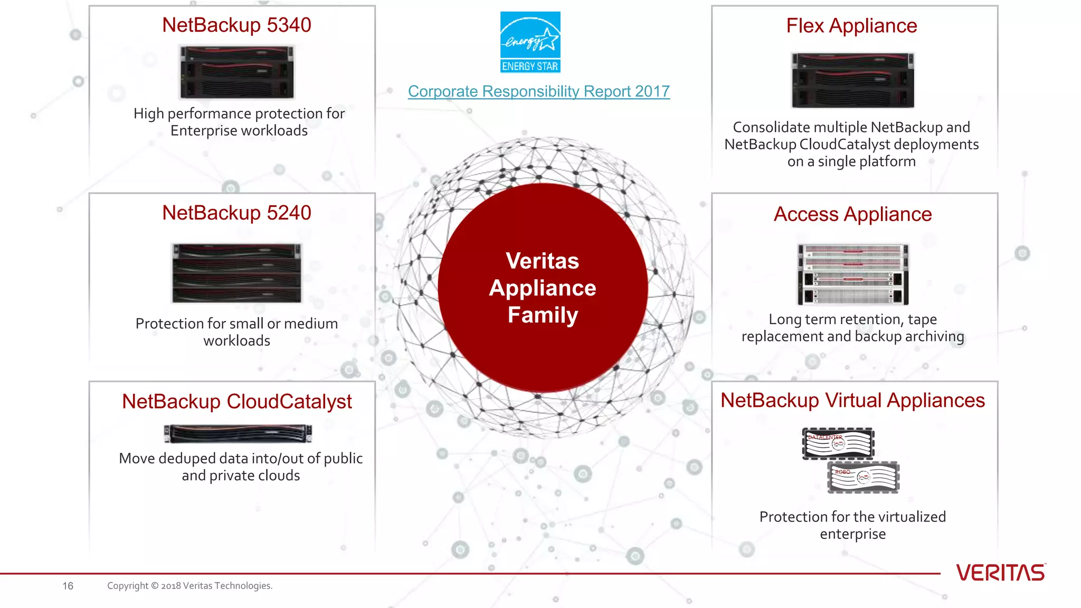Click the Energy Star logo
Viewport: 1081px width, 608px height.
point(530,42)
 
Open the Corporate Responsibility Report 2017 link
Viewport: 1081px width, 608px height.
point(538,91)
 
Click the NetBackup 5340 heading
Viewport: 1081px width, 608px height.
point(236,25)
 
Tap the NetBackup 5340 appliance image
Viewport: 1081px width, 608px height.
point(236,72)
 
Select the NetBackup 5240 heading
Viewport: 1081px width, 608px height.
point(236,213)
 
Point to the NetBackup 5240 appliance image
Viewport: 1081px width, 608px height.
point(236,273)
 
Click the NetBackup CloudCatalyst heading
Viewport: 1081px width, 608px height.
point(236,402)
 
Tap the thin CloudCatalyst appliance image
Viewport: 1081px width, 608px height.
point(238,434)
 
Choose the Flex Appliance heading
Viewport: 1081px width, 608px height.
point(851,26)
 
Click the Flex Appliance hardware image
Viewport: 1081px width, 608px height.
point(852,80)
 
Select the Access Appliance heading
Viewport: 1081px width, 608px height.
point(852,214)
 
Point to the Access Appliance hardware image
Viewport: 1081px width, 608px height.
point(853,274)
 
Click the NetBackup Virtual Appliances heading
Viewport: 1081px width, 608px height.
point(852,401)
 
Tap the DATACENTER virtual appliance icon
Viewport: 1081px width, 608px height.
point(838,443)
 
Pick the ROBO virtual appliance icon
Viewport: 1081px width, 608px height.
point(863,477)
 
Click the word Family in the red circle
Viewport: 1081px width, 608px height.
point(543,315)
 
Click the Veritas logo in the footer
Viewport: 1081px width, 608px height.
point(1000,573)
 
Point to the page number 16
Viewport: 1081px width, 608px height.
point(68,586)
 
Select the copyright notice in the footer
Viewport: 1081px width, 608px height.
point(189,586)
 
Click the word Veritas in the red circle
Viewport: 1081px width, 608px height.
point(542,261)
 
